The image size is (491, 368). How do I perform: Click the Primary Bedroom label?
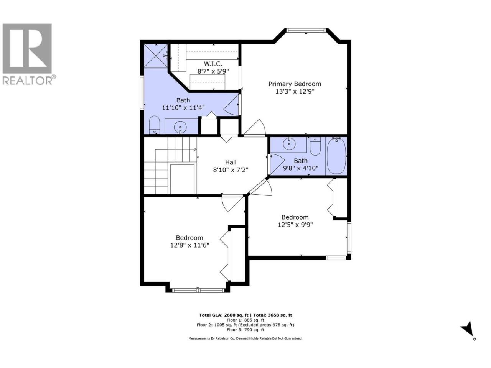(295, 84)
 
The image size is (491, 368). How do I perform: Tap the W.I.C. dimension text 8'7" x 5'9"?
(213, 71)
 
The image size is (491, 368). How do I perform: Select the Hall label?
(231, 162)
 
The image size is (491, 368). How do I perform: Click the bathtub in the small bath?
(336, 156)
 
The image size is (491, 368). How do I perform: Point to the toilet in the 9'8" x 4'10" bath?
(315, 146)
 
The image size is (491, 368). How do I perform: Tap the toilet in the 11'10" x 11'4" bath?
(154, 125)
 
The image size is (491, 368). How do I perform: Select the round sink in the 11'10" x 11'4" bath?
(180, 127)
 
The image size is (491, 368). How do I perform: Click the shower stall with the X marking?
(155, 56)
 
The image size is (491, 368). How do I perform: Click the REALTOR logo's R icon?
(27, 48)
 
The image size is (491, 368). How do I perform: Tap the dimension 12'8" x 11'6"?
(189, 245)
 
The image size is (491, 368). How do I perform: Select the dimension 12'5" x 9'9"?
(295, 225)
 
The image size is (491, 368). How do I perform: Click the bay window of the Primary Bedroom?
(306, 30)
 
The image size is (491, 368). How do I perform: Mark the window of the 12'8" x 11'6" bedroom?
(198, 291)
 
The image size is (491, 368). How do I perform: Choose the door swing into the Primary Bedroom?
(255, 128)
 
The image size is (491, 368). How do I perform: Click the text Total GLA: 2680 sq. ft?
(224, 315)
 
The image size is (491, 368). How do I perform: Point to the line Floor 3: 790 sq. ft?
(245, 330)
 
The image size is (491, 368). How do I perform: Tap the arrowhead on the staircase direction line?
(195, 149)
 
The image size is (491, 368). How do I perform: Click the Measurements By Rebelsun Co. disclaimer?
(245, 338)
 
